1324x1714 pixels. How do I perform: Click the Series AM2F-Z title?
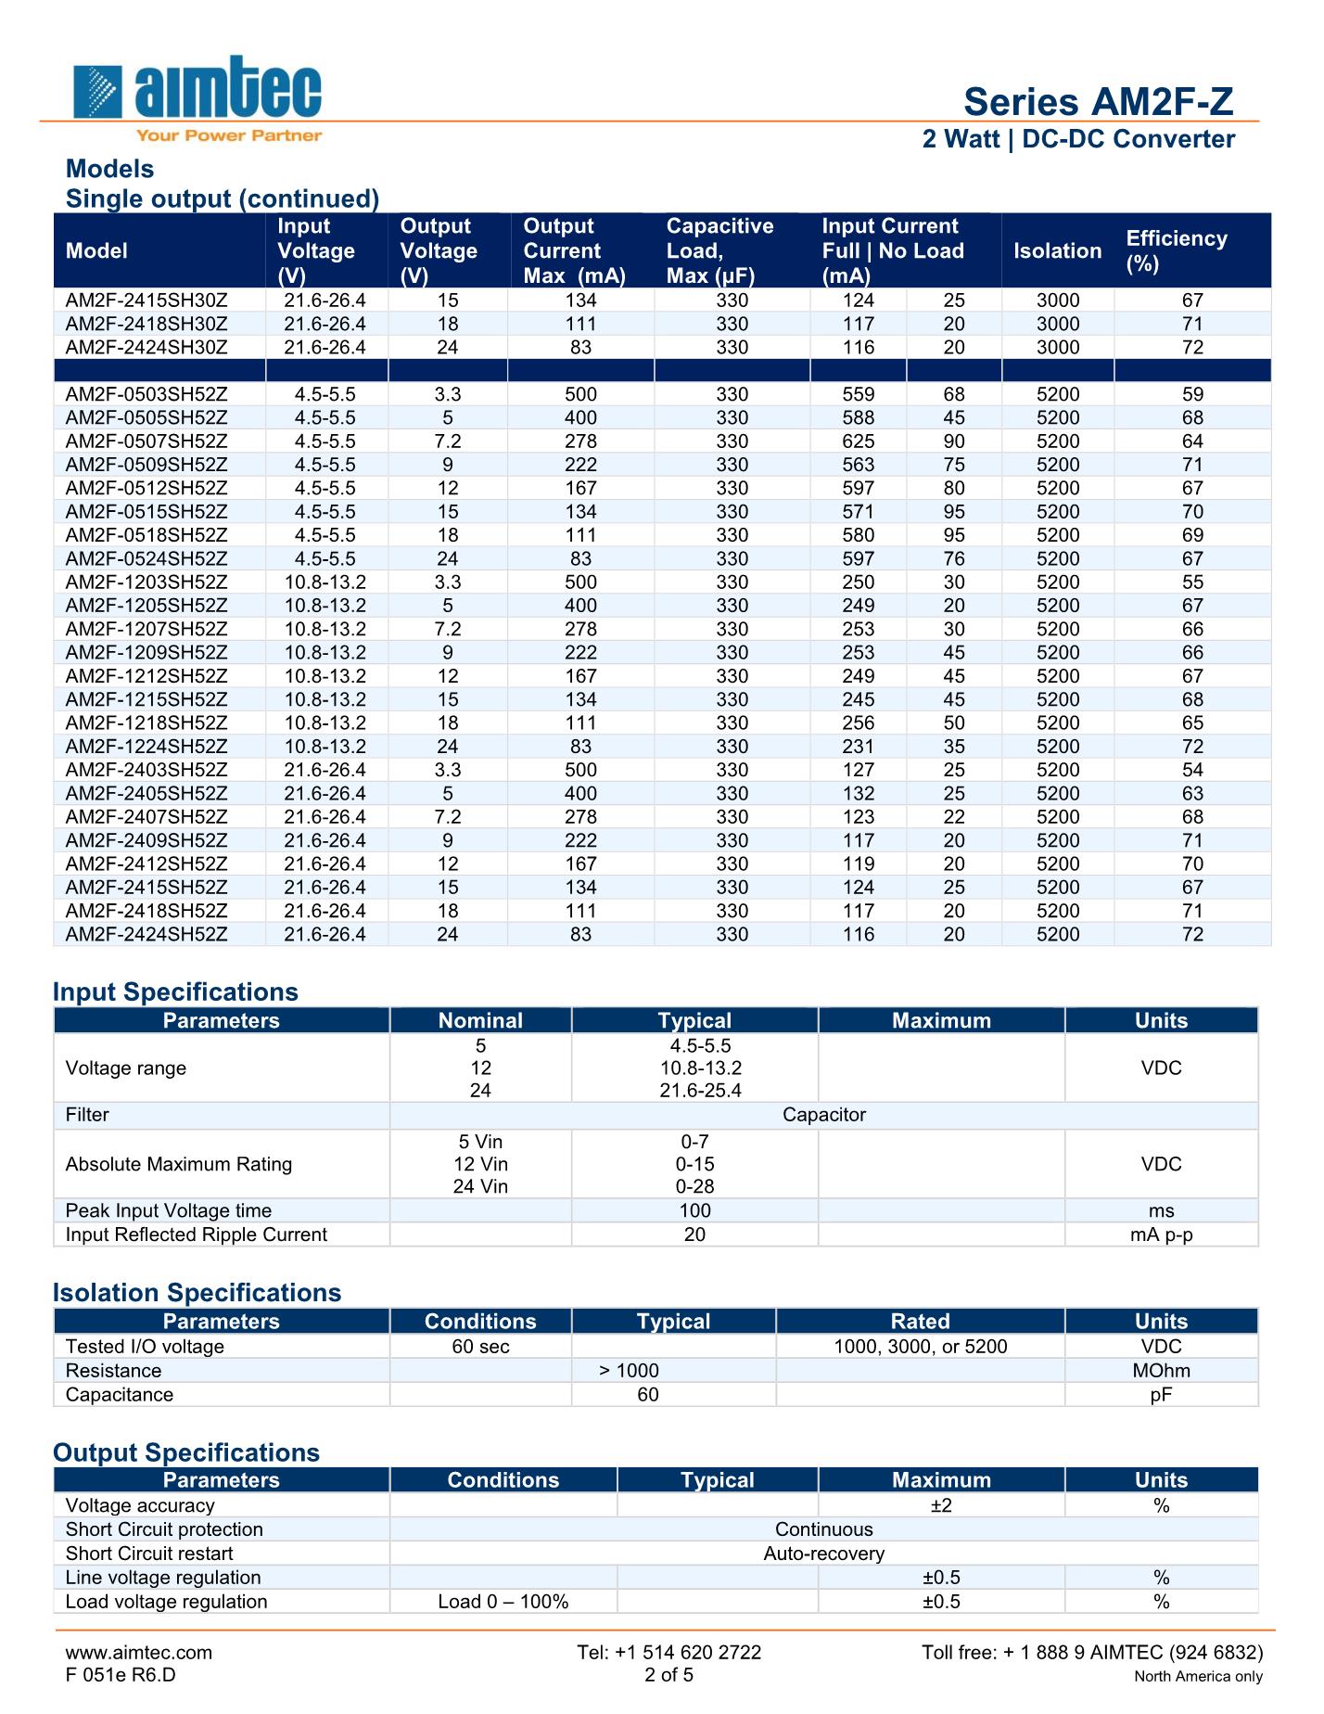(x=1098, y=102)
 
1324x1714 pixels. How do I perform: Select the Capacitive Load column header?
(x=719, y=250)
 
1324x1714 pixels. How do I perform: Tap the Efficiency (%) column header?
(x=1176, y=250)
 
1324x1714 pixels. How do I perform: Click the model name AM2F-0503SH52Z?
(x=146, y=394)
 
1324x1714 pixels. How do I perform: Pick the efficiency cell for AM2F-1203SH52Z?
(x=1192, y=582)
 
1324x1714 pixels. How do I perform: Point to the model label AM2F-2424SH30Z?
(x=146, y=348)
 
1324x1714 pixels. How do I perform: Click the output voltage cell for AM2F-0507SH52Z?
(x=447, y=441)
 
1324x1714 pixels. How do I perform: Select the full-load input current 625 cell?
(x=859, y=441)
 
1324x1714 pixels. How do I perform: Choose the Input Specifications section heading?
(x=175, y=991)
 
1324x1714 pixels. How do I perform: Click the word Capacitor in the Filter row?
(x=823, y=1115)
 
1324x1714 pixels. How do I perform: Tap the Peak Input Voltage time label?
(x=169, y=1210)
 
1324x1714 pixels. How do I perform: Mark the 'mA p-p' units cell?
(x=1161, y=1234)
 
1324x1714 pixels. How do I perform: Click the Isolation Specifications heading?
(x=197, y=1292)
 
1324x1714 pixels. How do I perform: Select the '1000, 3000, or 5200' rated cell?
(x=920, y=1347)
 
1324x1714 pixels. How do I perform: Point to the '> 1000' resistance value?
(x=630, y=1371)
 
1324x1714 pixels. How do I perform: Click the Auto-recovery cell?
(x=823, y=1554)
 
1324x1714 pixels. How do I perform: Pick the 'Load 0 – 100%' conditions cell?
(x=503, y=1602)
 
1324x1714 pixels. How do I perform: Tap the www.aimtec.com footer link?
(x=139, y=1652)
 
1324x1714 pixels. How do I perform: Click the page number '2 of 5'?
(x=668, y=1675)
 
